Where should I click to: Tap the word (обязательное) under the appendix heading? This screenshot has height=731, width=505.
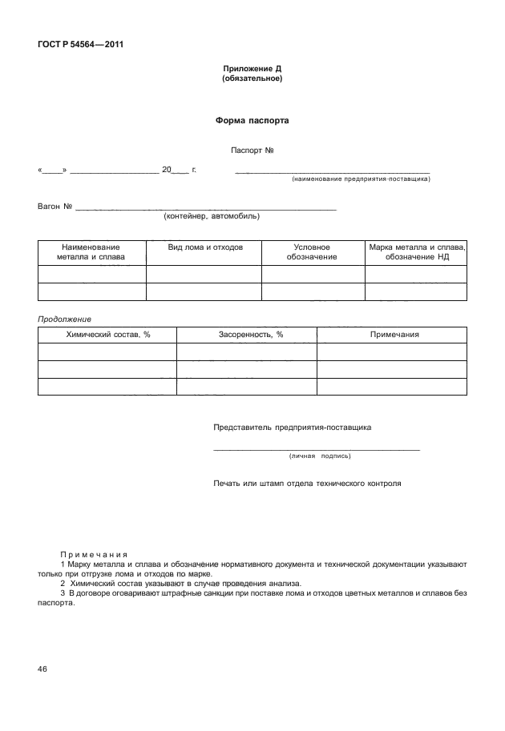252,79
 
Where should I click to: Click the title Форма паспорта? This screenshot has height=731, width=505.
252,121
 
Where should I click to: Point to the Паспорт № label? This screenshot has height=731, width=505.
252,150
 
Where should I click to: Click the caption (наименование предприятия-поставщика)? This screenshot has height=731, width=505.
361,179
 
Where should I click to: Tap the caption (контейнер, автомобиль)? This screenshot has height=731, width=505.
211,215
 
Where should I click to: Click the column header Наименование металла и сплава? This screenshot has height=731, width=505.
91,252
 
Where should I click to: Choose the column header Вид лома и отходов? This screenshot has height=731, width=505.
204,247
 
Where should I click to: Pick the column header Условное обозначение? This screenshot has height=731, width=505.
312,252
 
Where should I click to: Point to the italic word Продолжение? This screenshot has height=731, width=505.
65,319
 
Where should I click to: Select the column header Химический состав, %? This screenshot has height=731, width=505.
107,334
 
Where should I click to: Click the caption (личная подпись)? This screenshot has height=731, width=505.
319,456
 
